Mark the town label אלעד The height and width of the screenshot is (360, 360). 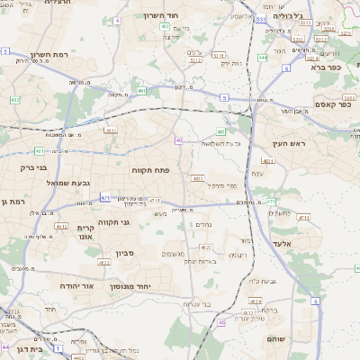pos(282,243)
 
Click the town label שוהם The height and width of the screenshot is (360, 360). pos(275,338)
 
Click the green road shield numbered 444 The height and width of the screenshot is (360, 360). pos(262,58)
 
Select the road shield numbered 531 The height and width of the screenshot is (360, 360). pos(259,18)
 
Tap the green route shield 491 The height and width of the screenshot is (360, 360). pos(141,90)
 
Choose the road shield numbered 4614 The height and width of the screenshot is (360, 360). pos(256,301)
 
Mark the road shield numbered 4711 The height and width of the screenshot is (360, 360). pos(303,217)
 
